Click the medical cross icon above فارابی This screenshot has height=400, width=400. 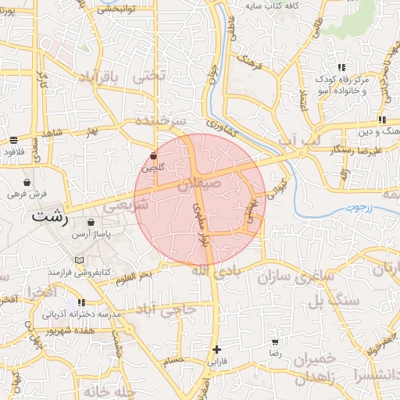(x=216, y=349)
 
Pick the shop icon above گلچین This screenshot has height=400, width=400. (x=152, y=156)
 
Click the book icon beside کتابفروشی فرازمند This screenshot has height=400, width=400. (x=78, y=259)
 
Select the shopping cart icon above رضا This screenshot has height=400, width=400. (x=275, y=342)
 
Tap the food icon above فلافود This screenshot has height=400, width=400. (x=14, y=140)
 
